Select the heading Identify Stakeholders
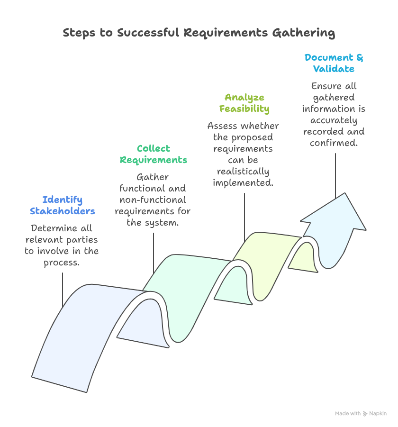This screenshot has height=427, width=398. (x=62, y=205)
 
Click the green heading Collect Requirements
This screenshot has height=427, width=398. (x=153, y=154)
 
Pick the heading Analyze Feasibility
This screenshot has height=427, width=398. (x=244, y=103)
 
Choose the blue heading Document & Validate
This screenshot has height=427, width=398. (x=334, y=63)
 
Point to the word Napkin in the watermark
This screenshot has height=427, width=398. (x=378, y=414)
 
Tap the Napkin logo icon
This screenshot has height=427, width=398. (x=365, y=414)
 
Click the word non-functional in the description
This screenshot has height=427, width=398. (x=153, y=200)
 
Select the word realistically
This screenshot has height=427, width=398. (x=244, y=171)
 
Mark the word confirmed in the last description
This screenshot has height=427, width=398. (x=334, y=143)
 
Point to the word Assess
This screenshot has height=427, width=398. (x=223, y=126)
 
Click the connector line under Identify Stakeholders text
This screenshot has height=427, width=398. (x=63, y=289)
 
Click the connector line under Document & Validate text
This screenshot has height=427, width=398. (x=335, y=175)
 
